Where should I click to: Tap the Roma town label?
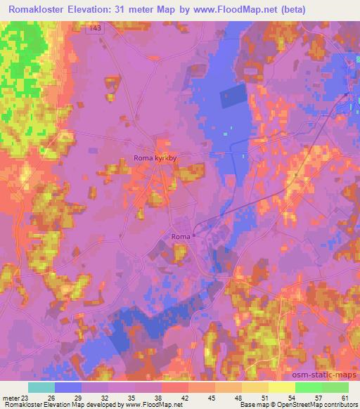point(180,237)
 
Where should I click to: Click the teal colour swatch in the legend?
point(41,387)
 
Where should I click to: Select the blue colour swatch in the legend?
point(68,387)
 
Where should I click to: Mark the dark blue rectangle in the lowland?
point(234,96)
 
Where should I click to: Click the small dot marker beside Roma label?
point(195,236)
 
